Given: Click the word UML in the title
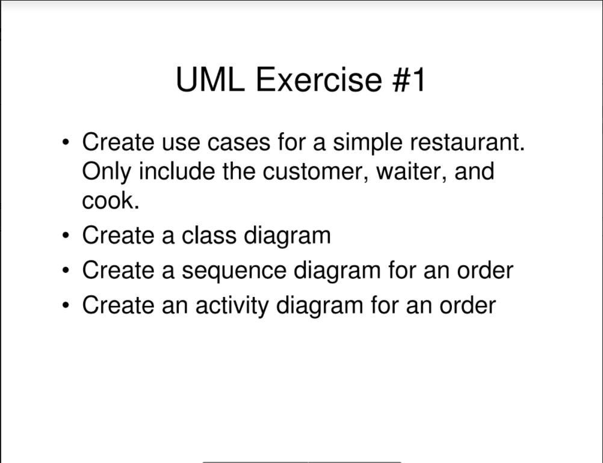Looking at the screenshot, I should (210, 80).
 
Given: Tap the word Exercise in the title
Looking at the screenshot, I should (318, 80).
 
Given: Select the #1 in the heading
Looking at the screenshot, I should (409, 80).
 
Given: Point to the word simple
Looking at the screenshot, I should (368, 144).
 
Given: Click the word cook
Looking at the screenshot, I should (110, 201).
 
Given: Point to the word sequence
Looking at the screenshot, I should (234, 271).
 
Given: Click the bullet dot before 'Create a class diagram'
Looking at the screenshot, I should (66, 235).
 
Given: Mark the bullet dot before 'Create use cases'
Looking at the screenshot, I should (66, 143).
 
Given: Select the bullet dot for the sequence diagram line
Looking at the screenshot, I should (66, 270).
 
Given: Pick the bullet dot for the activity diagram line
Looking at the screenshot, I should (66, 305).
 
